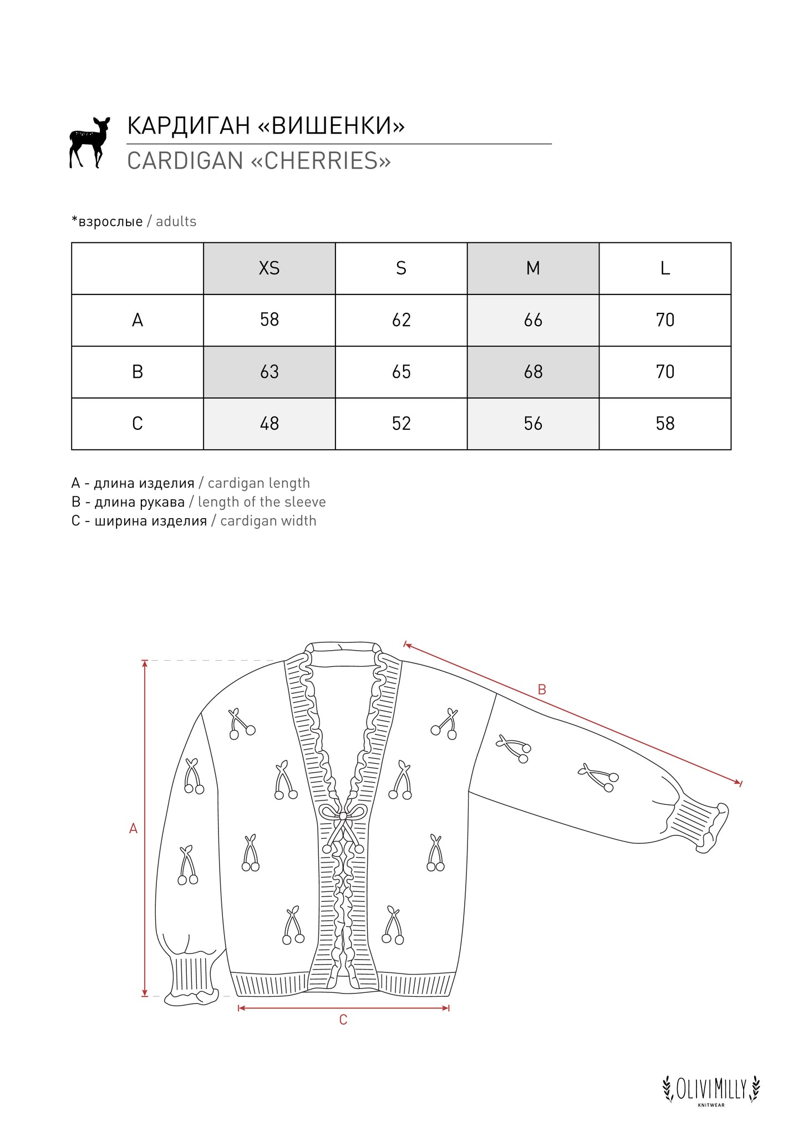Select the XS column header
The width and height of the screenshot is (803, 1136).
point(270,268)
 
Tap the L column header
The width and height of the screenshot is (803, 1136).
point(665,268)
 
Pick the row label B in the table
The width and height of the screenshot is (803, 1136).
point(138,372)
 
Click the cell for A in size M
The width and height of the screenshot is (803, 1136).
point(533,320)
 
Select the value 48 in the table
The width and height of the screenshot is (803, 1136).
point(270,424)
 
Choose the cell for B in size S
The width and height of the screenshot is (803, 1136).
point(401,372)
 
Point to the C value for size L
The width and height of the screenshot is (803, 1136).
point(665,424)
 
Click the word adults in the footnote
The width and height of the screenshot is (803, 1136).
point(176,221)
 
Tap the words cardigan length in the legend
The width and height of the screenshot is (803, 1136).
point(258,483)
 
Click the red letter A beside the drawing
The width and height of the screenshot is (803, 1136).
point(133,829)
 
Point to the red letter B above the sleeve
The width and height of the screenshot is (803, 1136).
point(542,689)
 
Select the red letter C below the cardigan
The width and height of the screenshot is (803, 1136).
point(343,1020)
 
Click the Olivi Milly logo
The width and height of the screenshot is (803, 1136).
point(711,1089)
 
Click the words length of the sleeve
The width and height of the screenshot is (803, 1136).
point(262,502)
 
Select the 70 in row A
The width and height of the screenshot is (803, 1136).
point(665,320)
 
